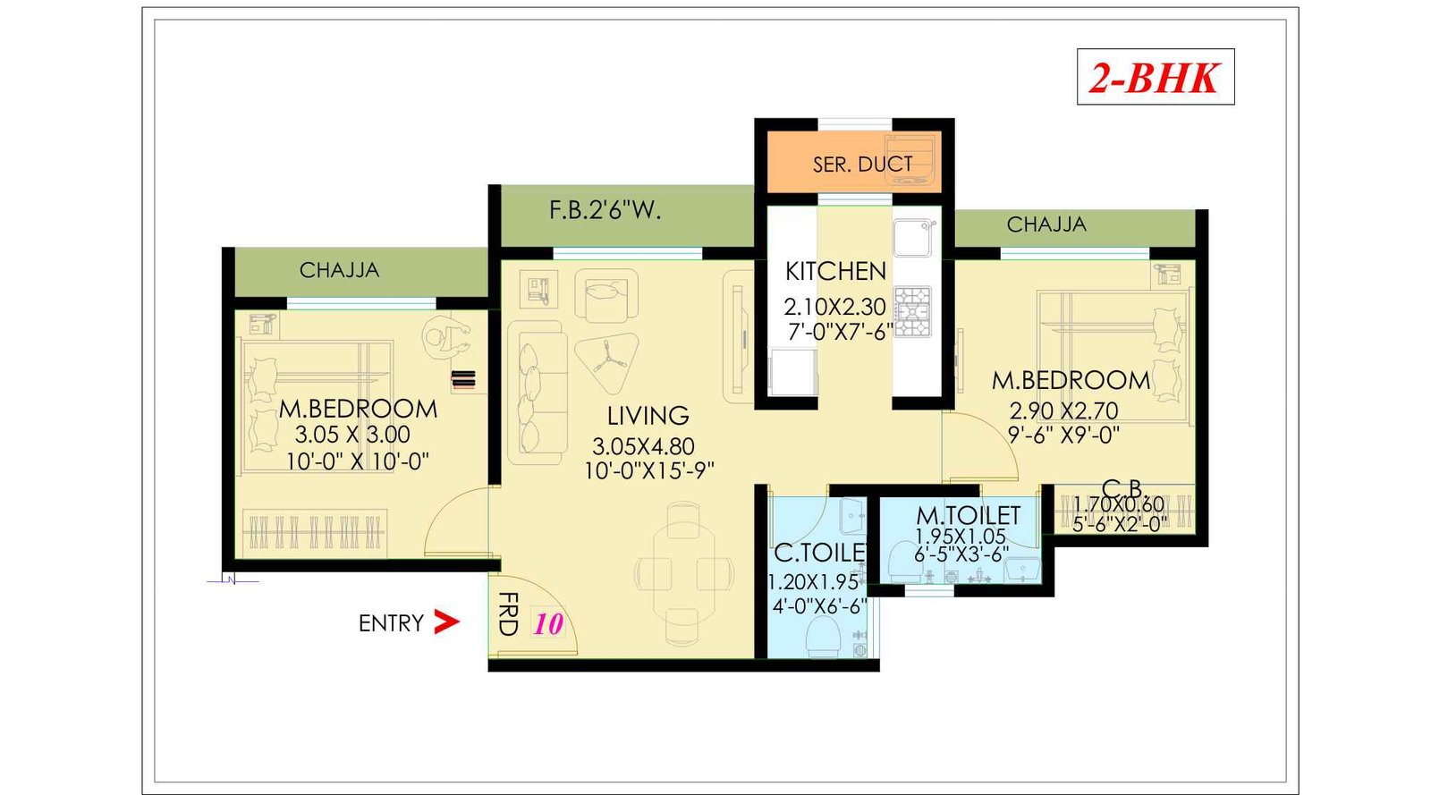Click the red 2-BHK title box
(x=1155, y=77)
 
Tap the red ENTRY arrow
(x=445, y=622)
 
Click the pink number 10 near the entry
(x=548, y=624)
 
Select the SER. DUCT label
(x=862, y=165)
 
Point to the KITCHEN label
(x=835, y=271)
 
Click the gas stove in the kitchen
(x=913, y=312)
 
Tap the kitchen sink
(x=913, y=238)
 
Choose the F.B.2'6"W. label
(x=605, y=211)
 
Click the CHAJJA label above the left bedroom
(x=339, y=270)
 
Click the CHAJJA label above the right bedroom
(x=1046, y=224)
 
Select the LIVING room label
(x=648, y=416)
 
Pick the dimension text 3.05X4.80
(x=643, y=446)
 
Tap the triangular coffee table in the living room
(x=607, y=360)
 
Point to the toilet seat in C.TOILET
(x=822, y=637)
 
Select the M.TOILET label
(x=968, y=516)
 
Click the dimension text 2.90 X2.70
(x=1063, y=411)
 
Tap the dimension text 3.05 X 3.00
(x=352, y=435)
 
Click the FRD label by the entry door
(x=507, y=613)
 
